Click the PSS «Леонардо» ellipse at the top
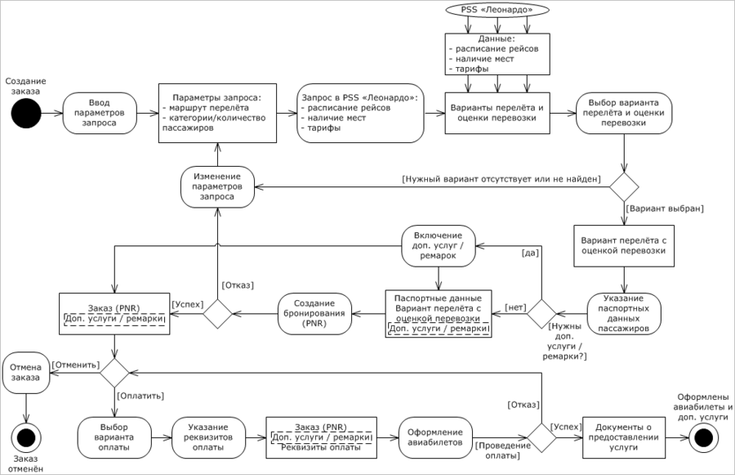click(497, 9)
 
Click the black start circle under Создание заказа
click(26, 113)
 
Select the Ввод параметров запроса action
click(100, 113)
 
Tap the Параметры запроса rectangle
click(217, 113)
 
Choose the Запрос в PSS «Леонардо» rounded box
click(360, 113)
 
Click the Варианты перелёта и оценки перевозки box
click(497, 113)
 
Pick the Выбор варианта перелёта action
click(623, 113)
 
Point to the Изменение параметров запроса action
click(217, 186)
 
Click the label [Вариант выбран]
click(665, 208)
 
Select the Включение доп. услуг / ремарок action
click(439, 245)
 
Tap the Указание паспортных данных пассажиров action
click(624, 313)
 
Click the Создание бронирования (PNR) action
click(314, 313)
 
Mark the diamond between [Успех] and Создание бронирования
click(217, 313)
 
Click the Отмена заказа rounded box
click(26, 373)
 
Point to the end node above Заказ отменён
click(26, 437)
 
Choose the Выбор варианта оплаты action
click(114, 437)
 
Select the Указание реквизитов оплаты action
click(208, 437)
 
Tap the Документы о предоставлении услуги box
click(624, 437)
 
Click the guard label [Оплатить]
click(140, 397)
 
